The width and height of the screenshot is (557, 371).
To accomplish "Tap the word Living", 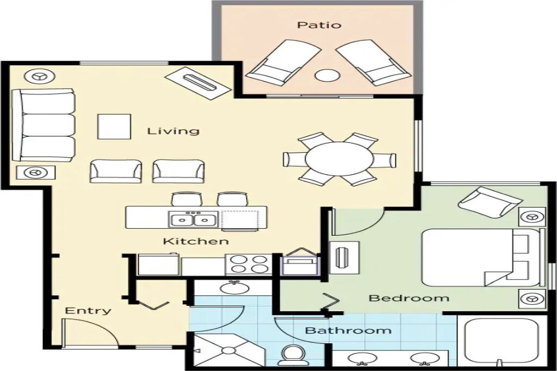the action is tap(174, 131).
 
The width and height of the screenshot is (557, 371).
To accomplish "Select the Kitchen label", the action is tap(196, 241).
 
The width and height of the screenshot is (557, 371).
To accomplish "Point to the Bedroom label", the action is tap(409, 298).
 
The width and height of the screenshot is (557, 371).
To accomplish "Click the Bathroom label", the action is tap(349, 331).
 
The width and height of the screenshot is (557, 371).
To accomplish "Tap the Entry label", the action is tap(88, 311).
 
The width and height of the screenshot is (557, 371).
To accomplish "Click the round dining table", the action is tap(339, 159).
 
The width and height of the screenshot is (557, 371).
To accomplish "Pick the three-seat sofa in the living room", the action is tap(44, 125).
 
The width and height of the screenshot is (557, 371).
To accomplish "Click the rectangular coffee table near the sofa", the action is tap(114, 127).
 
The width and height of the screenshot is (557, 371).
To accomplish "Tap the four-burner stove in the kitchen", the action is tap(249, 264).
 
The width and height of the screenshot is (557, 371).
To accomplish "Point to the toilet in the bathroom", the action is tap(293, 355).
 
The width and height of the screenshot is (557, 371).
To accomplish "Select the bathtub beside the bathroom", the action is tap(500, 340).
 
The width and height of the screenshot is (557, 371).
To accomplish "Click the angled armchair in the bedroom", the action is tap(491, 204).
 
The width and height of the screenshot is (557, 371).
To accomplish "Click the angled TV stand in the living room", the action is tap(200, 83).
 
